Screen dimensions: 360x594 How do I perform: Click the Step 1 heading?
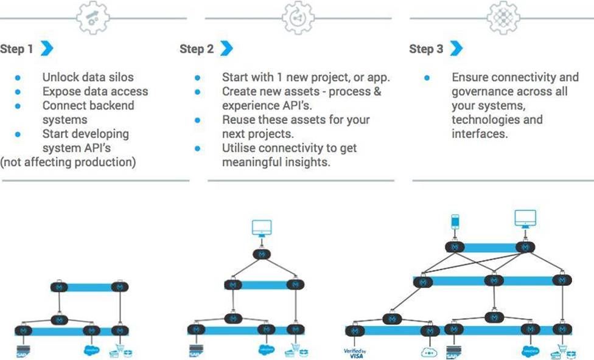tap(17, 49)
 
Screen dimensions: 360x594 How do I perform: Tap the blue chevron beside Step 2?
tap(226, 49)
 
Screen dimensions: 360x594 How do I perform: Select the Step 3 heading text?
tap(426, 49)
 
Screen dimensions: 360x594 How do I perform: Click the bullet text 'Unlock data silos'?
tap(88, 77)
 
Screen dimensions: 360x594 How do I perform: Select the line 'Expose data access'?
tap(95, 91)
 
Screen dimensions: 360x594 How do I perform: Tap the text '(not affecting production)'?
tap(68, 161)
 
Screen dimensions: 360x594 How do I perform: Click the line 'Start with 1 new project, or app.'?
tap(306, 77)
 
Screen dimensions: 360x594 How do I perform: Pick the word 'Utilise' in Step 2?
tap(241, 148)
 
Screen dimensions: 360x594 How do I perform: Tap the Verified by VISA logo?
tap(355, 352)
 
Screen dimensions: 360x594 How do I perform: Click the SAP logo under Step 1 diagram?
tap(23, 352)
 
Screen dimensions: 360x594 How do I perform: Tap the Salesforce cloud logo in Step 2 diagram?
tap(267, 350)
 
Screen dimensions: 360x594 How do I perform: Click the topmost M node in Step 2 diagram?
tap(262, 254)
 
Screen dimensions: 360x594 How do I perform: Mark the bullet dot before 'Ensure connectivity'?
tap(427, 78)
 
